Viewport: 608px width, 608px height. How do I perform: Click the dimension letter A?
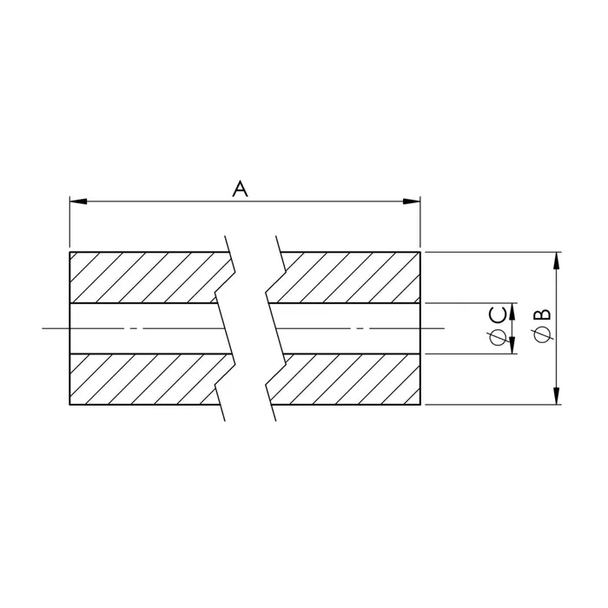point(241,188)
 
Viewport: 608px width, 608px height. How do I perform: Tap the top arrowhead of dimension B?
point(557,259)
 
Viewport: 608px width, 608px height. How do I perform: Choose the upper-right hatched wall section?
point(347,277)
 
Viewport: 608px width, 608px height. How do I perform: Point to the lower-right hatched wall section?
point(347,380)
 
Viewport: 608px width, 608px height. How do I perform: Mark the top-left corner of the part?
point(70,253)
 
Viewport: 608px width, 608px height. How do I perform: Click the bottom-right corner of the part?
point(420,405)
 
